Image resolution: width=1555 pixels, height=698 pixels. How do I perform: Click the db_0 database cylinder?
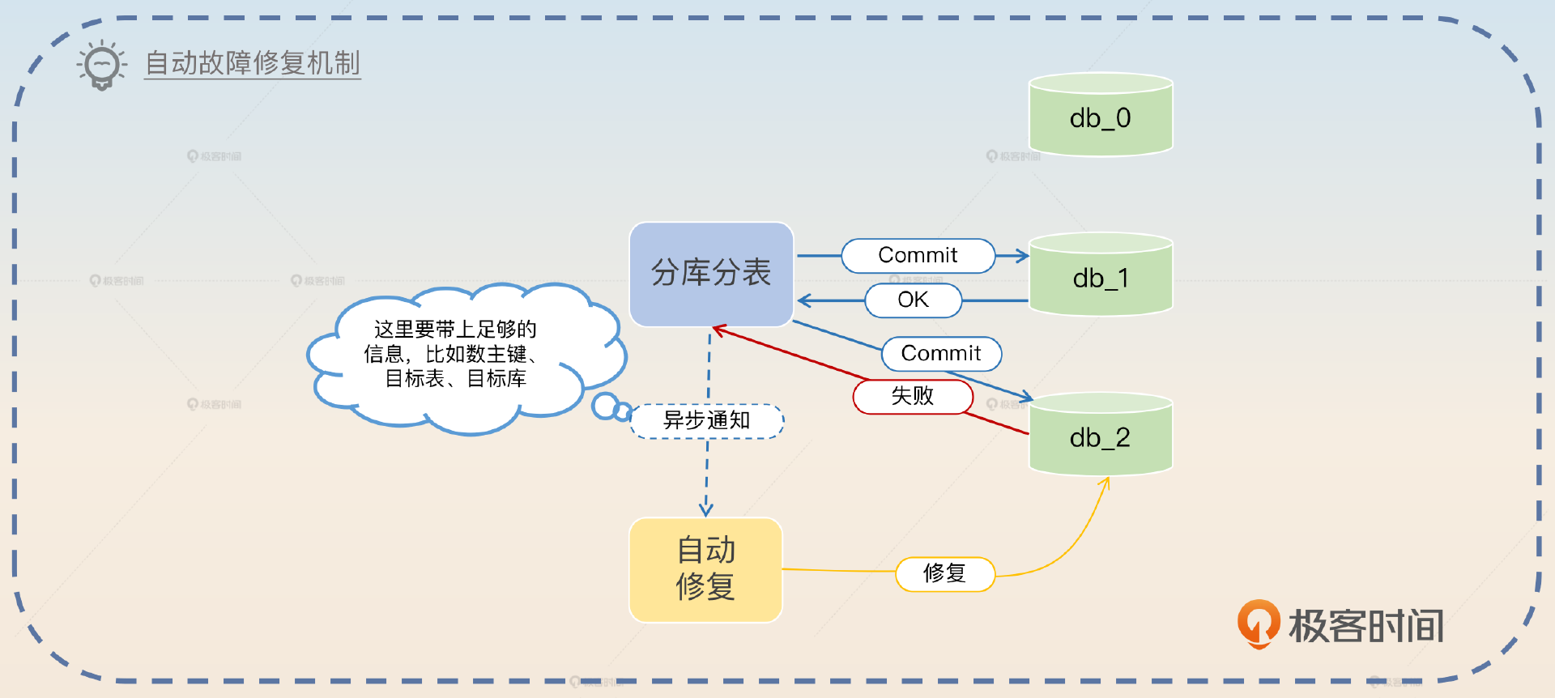point(1100,115)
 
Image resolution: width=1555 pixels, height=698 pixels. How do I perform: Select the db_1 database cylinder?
point(1100,275)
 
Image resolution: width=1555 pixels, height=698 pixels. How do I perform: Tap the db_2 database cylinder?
point(1100,435)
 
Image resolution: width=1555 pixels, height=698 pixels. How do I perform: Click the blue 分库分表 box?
point(711,274)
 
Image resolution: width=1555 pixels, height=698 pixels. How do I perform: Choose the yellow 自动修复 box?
point(705,570)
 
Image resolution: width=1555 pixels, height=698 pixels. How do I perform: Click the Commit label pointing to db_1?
point(918,256)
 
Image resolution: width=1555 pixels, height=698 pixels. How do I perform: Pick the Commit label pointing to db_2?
point(941,354)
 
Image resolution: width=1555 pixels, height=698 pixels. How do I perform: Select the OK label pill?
point(913,300)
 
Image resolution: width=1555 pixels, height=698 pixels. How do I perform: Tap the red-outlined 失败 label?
point(912,396)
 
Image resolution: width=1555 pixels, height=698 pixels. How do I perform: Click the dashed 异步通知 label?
point(706,421)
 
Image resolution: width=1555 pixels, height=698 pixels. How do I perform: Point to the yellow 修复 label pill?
point(944,574)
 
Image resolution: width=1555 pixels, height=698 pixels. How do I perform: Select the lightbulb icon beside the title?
point(102,65)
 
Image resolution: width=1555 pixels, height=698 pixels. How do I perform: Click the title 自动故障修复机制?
point(252,63)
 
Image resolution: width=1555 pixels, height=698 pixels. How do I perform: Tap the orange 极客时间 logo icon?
point(1258,624)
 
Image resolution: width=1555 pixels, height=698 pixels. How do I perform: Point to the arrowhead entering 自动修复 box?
point(706,510)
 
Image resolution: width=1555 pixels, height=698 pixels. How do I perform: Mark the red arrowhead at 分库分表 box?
point(718,329)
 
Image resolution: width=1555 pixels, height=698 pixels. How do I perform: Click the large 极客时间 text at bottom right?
point(1366,626)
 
